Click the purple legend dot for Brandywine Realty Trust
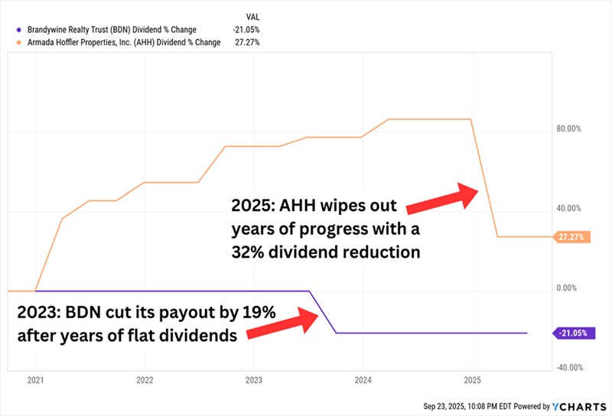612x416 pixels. click(18, 30)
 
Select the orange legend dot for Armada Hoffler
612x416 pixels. click(18, 43)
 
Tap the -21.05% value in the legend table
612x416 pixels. click(246, 30)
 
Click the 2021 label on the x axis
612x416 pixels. click(36, 380)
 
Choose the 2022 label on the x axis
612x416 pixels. click(145, 380)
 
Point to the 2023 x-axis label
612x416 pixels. click(254, 380)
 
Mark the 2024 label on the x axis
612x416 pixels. click(363, 380)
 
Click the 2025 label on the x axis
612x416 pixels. click(472, 380)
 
